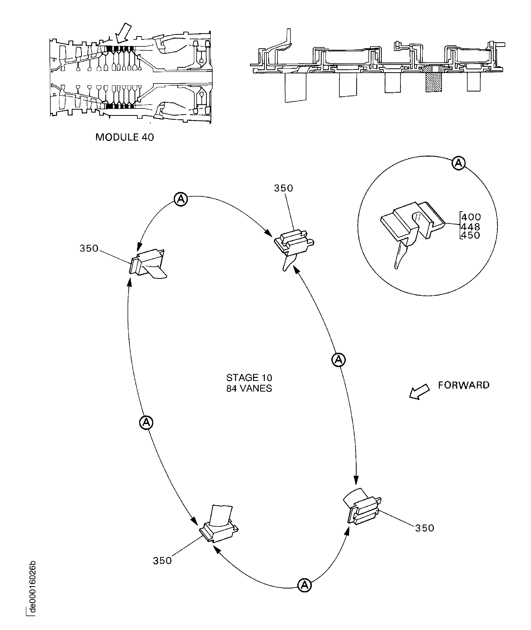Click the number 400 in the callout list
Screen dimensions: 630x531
pos(471,217)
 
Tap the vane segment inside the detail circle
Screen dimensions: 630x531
pos(412,229)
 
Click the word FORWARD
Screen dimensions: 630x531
pos(463,385)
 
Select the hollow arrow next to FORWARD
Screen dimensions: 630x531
pos(419,392)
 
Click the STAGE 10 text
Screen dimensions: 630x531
pos(249,378)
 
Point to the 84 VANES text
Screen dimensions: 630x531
pos(249,388)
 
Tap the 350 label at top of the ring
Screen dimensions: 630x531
pos(283,188)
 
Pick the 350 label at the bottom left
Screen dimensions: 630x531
pos(162,561)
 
